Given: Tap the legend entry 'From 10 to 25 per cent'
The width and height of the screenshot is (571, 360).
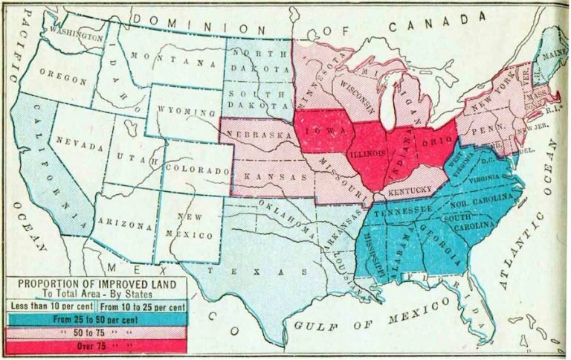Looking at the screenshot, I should (x=141, y=305).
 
